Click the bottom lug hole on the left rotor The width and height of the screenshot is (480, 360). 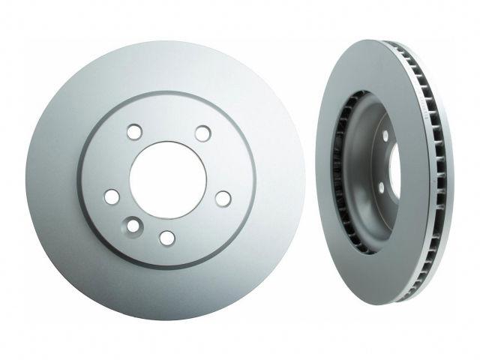[167, 238]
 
